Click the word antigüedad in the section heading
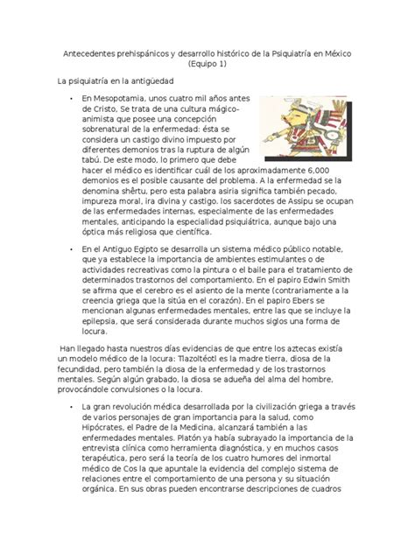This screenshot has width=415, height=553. click(147, 80)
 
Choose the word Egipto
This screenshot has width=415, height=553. click(150, 250)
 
